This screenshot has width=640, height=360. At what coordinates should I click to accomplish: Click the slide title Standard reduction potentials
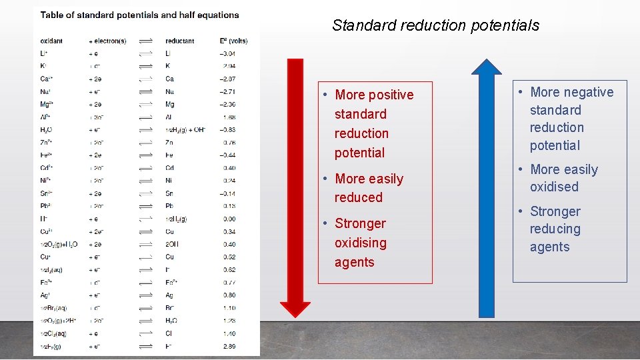(435, 25)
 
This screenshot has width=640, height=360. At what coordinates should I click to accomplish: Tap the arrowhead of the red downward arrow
(295, 309)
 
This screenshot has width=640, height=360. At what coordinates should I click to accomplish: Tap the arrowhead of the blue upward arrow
(487, 67)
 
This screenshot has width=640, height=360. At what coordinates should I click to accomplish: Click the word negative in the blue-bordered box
(589, 92)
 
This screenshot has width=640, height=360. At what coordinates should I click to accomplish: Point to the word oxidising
(360, 243)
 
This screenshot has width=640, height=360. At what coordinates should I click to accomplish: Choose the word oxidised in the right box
(554, 187)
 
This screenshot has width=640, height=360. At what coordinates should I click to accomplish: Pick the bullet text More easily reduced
(369, 188)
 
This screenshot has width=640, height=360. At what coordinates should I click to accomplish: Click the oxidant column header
(52, 41)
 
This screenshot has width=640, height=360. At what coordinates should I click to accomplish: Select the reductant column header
(179, 41)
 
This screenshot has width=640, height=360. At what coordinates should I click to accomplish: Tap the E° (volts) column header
(235, 41)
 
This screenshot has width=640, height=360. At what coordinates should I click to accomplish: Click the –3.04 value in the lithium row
(229, 53)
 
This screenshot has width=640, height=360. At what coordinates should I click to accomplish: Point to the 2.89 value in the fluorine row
(229, 346)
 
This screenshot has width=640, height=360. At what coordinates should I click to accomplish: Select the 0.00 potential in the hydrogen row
(229, 219)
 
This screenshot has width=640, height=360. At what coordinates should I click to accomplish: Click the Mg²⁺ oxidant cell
(47, 104)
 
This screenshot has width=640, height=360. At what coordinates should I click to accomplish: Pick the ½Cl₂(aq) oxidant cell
(53, 333)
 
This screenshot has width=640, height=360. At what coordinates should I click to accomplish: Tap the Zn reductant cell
(169, 142)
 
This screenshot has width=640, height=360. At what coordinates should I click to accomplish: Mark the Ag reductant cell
(169, 295)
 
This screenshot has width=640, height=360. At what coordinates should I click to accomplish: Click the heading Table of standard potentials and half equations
(139, 15)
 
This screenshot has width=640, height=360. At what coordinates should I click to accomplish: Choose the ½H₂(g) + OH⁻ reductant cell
(186, 129)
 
